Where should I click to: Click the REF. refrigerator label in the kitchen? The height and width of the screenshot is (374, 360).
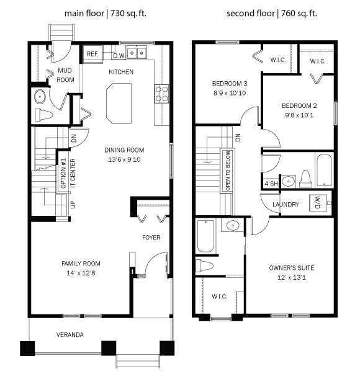92,55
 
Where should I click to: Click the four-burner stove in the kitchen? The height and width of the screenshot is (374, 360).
161,94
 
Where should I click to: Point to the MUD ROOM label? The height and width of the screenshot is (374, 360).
65,75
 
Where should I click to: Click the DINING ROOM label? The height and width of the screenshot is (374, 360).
124,149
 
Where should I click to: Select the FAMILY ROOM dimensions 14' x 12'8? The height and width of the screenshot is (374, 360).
81,272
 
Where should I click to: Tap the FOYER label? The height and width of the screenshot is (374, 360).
151,238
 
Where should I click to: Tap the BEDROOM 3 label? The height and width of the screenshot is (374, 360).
220,84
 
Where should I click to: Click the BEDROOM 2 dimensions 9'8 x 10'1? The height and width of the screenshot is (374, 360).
299,114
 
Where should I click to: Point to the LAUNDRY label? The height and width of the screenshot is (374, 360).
286,204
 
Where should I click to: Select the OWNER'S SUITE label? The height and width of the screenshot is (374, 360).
291,268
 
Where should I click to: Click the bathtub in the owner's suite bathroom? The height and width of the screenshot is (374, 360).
206,236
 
